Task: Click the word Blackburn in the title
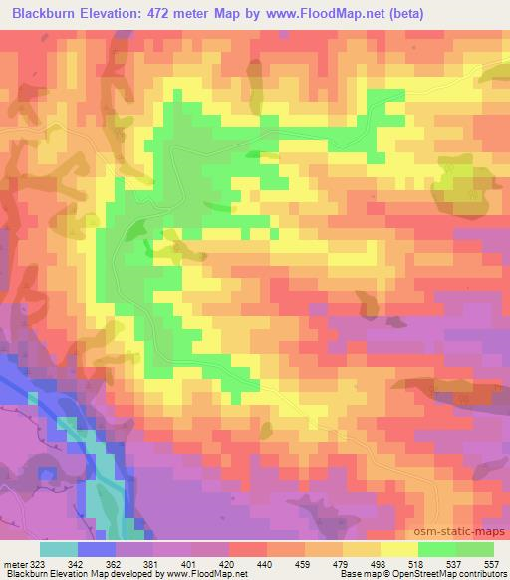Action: [49, 13]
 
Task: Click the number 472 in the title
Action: [176, 13]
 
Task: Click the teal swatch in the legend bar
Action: [59, 549]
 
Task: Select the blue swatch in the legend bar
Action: [97, 549]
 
